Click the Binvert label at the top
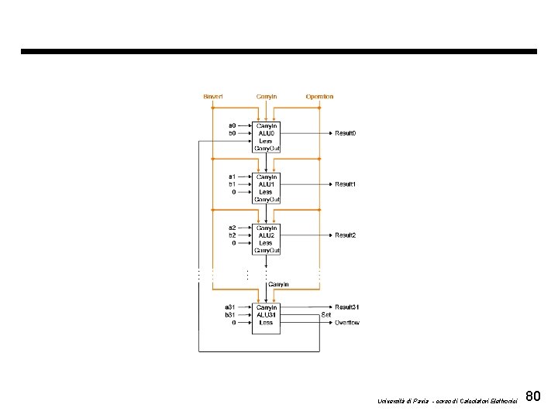click(x=212, y=96)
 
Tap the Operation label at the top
click(x=319, y=96)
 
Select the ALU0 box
click(x=266, y=136)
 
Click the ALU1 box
click(x=266, y=187)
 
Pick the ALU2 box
click(x=266, y=238)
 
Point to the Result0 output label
click(x=345, y=133)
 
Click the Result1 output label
click(x=345, y=184)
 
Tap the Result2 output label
click(x=345, y=235)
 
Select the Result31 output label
click(x=346, y=307)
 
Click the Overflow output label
click(x=346, y=322)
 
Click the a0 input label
click(x=232, y=125)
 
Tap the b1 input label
click(x=232, y=184)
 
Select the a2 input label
click(x=232, y=228)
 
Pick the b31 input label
click(x=230, y=315)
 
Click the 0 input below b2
click(x=234, y=242)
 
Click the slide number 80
click(x=532, y=397)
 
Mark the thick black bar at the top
click(x=278, y=52)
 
